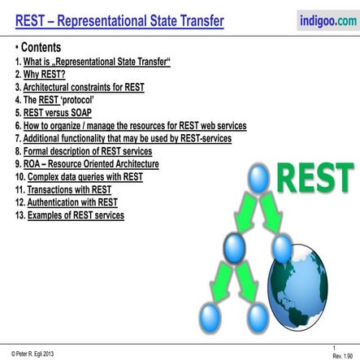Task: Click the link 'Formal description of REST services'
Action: tap(91, 151)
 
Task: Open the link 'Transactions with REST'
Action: tap(67, 189)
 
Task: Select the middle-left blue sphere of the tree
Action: tap(233, 245)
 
